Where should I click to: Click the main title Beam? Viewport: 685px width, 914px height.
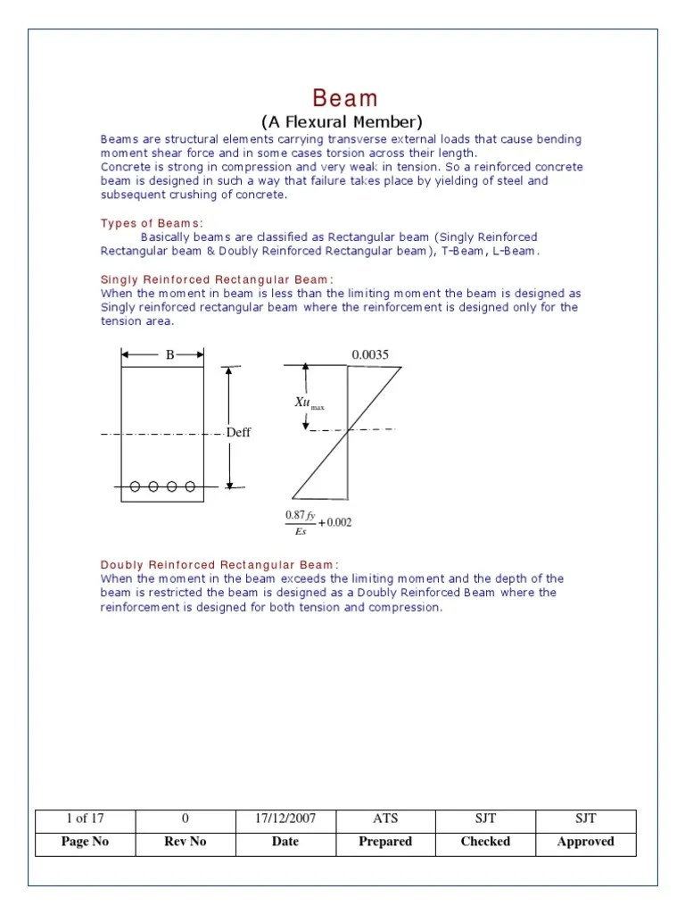[344, 98]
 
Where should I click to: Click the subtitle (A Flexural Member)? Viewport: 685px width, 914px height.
[342, 122]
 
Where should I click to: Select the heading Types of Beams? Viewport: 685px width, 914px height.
[152, 222]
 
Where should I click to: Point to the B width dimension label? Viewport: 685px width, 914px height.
[169, 354]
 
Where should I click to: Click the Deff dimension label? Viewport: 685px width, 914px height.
[239, 433]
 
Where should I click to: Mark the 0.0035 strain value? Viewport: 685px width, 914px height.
[370, 354]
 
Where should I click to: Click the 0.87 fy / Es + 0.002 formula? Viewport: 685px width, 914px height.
[318, 523]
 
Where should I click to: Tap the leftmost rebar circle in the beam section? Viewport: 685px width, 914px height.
[136, 486]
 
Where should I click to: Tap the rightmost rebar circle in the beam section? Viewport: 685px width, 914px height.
[190, 486]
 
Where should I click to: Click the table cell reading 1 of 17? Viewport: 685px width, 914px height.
[86, 818]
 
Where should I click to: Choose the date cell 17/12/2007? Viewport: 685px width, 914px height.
[285, 818]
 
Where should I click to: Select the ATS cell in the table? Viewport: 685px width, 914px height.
[385, 818]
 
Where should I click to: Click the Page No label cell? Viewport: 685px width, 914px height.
[86, 842]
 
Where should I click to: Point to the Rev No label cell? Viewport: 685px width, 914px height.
[186, 842]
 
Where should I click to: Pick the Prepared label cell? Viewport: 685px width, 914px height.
[385, 842]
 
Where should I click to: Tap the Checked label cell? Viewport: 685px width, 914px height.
[485, 842]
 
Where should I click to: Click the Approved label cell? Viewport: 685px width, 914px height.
[585, 842]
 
